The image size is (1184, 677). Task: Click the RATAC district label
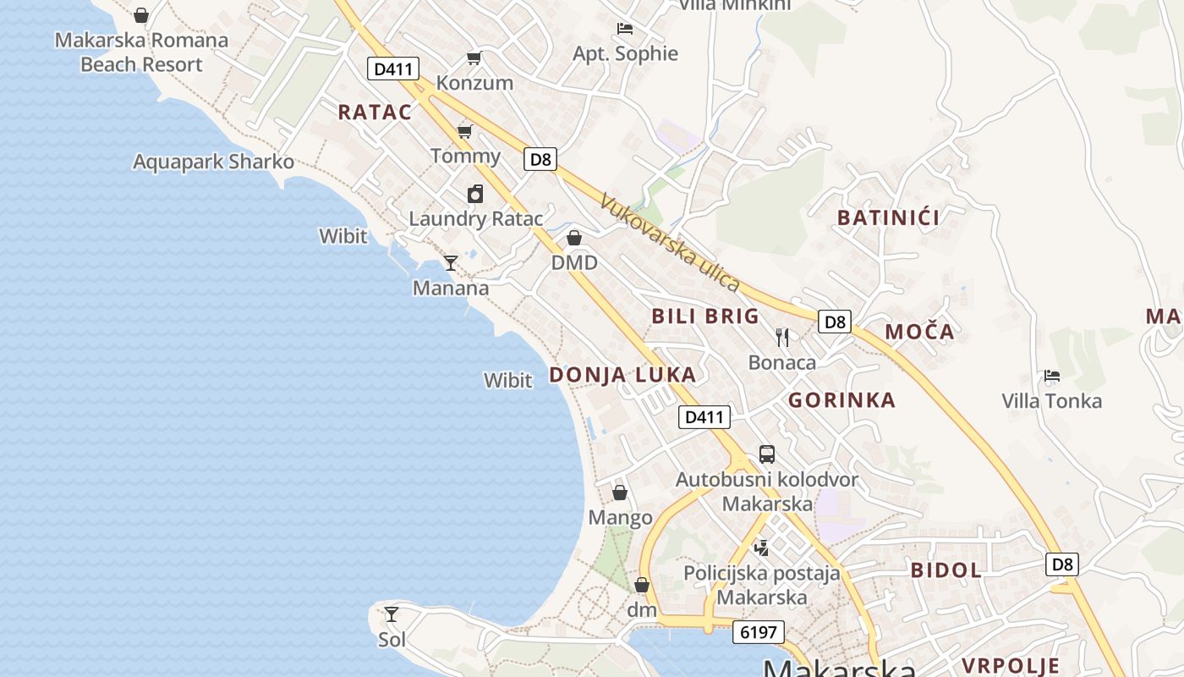tap(375, 112)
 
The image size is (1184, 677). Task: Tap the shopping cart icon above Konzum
tap(474, 58)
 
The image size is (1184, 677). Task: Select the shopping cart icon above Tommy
tap(464, 130)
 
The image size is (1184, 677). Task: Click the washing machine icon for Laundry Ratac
tap(475, 194)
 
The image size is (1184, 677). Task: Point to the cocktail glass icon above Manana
tap(451, 263)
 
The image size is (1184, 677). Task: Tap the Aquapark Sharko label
tap(213, 162)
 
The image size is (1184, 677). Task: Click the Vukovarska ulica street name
tap(670, 243)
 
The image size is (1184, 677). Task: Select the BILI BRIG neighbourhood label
tap(705, 316)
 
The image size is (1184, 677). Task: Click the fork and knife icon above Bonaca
tap(782, 338)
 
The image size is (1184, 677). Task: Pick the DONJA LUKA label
tap(623, 375)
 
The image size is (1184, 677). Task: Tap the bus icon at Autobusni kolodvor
tap(767, 454)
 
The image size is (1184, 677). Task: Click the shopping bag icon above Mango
tap(620, 493)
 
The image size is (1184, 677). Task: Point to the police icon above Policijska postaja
tap(762, 548)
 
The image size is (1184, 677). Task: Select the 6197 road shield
tap(759, 632)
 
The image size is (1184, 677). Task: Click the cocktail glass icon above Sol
tap(392, 614)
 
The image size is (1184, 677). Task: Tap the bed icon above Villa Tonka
tap(1052, 375)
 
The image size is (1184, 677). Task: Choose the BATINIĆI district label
tap(889, 217)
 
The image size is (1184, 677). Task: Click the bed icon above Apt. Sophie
tap(625, 29)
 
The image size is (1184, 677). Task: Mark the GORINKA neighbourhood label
tap(841, 400)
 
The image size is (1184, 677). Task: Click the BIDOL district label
tap(946, 570)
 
